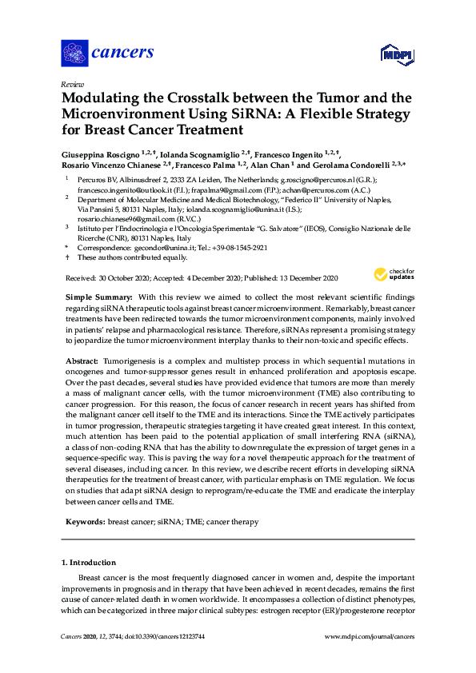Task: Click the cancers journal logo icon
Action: (x=75, y=54)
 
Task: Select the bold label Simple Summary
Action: (x=94, y=297)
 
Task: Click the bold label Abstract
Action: (x=80, y=360)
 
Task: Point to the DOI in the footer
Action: (x=160, y=637)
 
